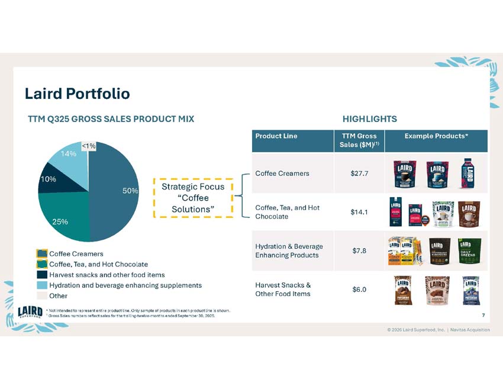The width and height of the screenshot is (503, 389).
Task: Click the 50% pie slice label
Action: click(x=130, y=191)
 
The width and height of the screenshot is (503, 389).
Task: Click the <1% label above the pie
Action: click(x=89, y=146)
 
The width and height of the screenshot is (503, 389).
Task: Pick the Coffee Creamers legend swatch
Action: click(x=42, y=254)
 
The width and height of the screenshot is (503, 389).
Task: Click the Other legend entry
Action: click(x=58, y=295)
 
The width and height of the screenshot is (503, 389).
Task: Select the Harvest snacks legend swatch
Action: click(x=42, y=275)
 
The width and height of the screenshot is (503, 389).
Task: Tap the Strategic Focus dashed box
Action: click(x=192, y=198)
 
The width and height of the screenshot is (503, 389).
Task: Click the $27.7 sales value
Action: click(x=359, y=173)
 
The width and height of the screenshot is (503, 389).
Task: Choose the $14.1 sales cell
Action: click(x=359, y=212)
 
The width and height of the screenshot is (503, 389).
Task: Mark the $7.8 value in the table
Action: click(x=359, y=250)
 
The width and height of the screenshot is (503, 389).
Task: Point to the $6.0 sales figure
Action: click(x=359, y=290)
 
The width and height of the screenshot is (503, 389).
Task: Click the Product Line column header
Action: click(x=276, y=136)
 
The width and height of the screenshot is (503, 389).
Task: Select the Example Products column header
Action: click(x=436, y=136)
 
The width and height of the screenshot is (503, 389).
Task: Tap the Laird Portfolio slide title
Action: click(x=77, y=94)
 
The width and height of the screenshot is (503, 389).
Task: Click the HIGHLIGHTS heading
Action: click(x=370, y=119)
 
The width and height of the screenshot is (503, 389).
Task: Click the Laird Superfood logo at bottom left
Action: click(x=30, y=311)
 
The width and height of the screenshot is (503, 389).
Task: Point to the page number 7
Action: click(x=483, y=314)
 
